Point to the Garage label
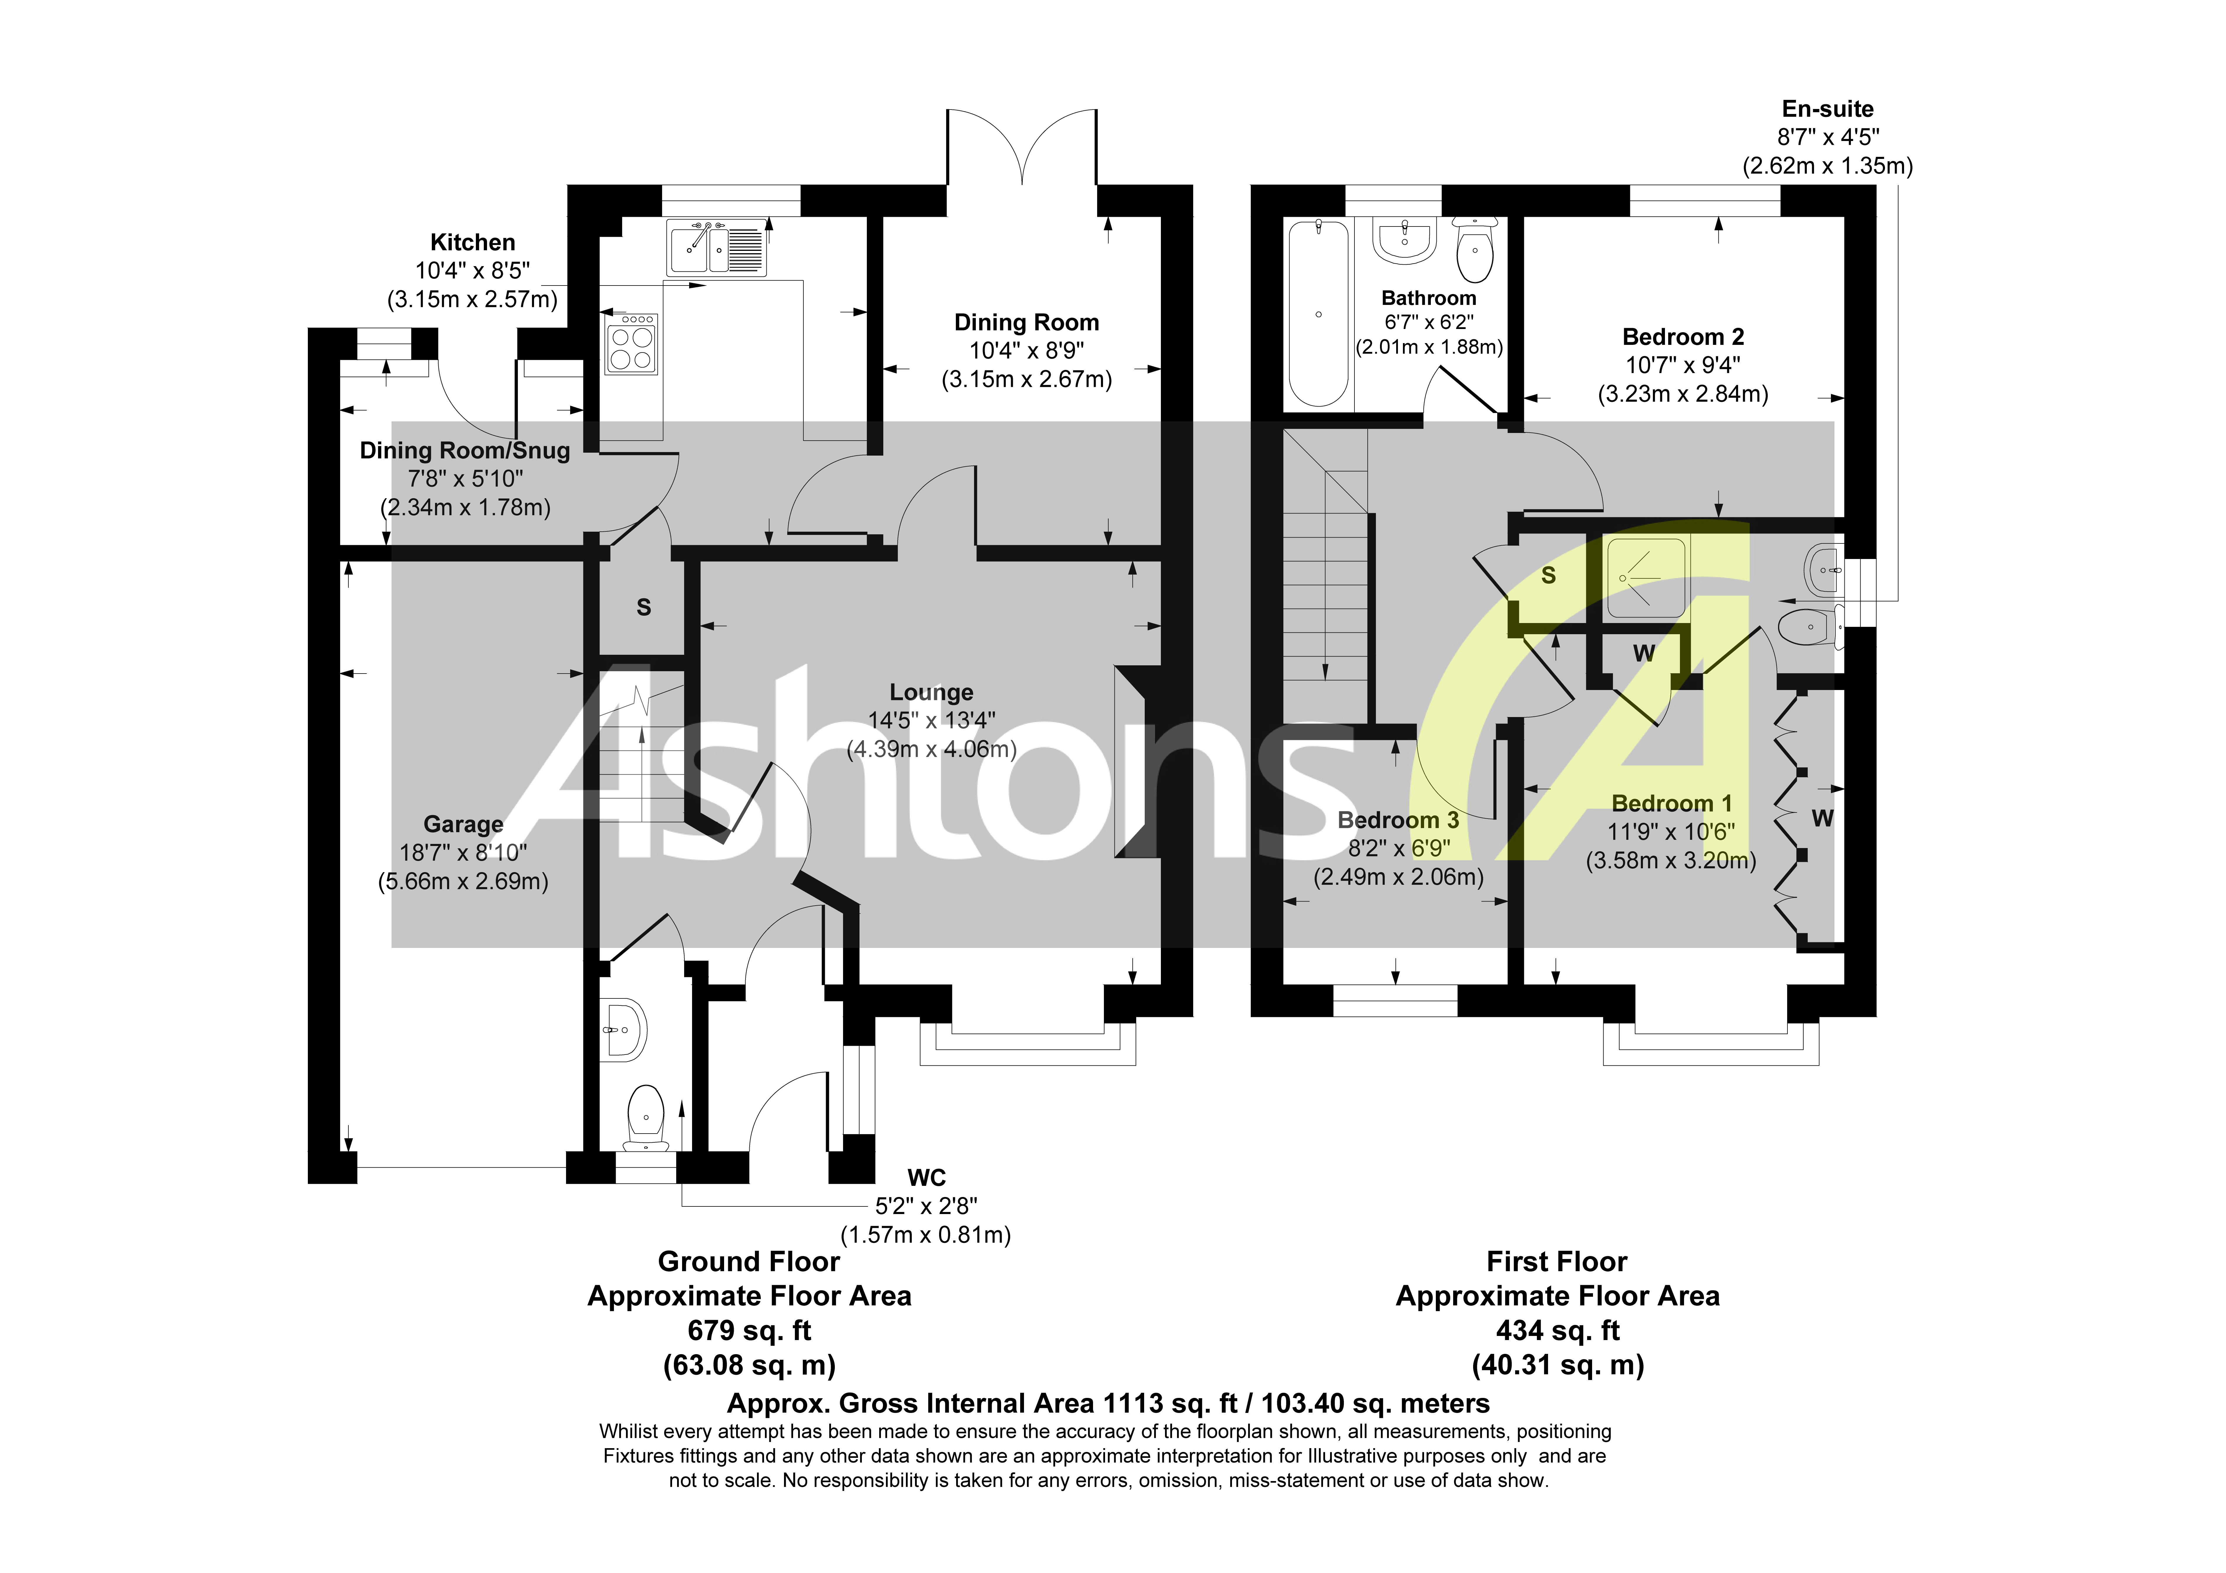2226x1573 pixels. pos(464,824)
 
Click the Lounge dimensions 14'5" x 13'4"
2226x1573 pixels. pos(931,721)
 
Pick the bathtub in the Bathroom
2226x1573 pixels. pos(1317,312)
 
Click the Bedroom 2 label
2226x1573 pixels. pos(1683,338)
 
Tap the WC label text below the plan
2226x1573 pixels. pos(926,1178)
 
